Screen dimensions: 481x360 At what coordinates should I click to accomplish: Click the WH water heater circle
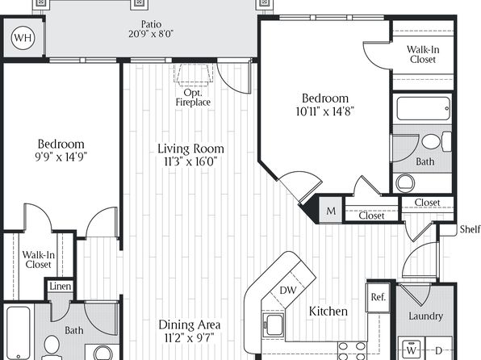[x=23, y=38]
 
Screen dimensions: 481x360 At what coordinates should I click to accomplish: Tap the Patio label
[x=151, y=24]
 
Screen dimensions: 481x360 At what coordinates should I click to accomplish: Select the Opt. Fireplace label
[x=193, y=98]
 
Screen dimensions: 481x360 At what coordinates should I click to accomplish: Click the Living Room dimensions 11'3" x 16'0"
[x=190, y=161]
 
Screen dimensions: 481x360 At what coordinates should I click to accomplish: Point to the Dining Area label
[x=190, y=324]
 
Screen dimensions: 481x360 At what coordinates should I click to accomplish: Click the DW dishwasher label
[x=288, y=290]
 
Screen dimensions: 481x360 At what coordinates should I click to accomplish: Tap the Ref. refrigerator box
[x=378, y=297]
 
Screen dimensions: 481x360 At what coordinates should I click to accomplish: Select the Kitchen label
[x=328, y=312]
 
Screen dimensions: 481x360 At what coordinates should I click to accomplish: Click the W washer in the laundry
[x=412, y=349]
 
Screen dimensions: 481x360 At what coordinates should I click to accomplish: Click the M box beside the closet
[x=331, y=211]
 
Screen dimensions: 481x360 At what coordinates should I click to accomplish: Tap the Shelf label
[x=470, y=229]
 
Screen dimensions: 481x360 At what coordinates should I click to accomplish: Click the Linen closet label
[x=60, y=287]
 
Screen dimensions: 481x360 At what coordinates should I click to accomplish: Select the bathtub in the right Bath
[x=424, y=108]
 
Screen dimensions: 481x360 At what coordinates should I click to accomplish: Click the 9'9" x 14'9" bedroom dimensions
[x=61, y=157]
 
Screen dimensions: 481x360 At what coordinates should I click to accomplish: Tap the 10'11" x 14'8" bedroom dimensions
[x=325, y=111]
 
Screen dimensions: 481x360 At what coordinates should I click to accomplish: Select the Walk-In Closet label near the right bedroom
[x=423, y=54]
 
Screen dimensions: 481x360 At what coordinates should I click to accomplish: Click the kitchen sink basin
[x=274, y=325]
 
